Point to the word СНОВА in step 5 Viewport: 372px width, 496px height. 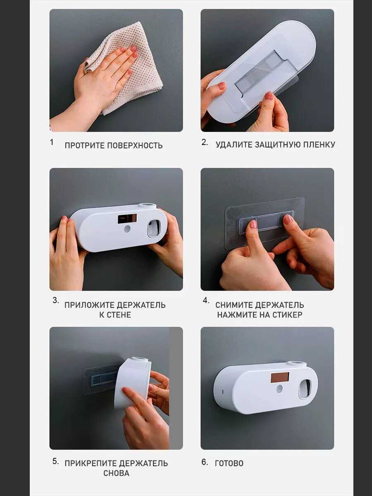tap(116, 473)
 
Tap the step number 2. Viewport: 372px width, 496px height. tap(205, 142)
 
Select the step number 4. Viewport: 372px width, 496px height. tap(206, 300)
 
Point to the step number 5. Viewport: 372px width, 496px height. tap(55, 461)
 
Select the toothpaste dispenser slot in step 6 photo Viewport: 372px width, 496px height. tap(305, 389)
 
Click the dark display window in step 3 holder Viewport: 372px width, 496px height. tap(127, 219)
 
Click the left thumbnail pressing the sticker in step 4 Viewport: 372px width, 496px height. tap(253, 224)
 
